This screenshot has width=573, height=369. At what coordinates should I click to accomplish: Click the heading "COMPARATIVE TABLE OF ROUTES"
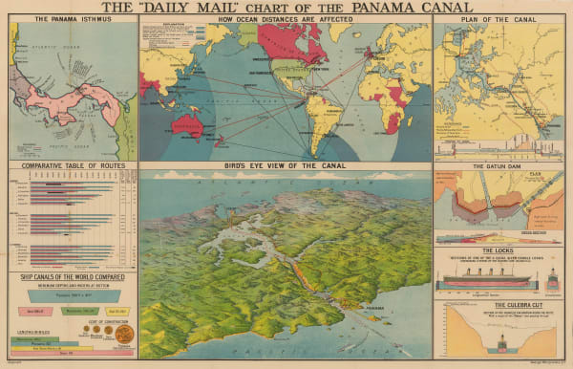69,164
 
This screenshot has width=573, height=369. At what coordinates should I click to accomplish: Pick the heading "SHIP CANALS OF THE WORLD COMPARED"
69,279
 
